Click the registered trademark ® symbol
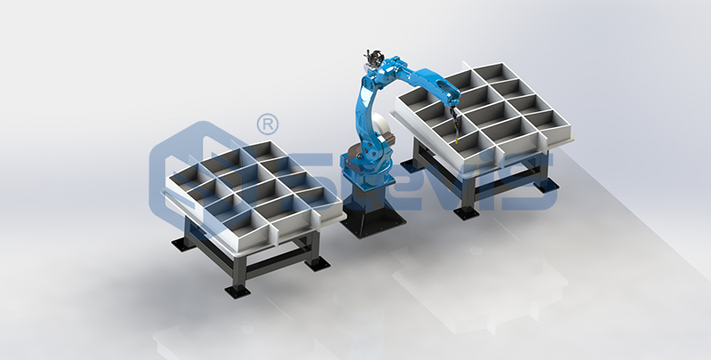coord(264,120)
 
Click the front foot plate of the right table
coord(465,211)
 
